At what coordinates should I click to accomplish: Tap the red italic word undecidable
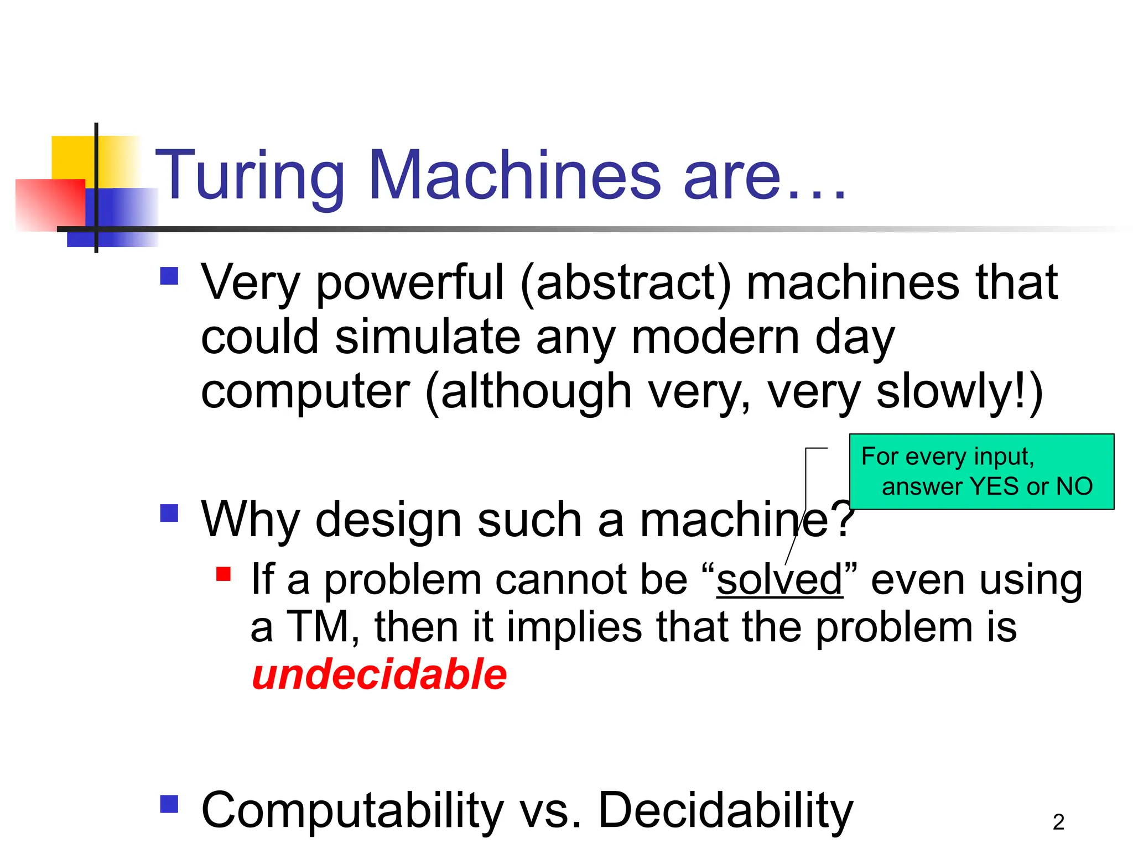379,675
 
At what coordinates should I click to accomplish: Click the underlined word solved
779,580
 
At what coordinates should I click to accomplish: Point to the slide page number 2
1058,822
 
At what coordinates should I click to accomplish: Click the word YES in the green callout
995,487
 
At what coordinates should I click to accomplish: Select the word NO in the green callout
1074,487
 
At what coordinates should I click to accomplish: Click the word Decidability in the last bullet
725,811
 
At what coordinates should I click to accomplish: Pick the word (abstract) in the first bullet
626,283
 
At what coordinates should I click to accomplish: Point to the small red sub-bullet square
224,574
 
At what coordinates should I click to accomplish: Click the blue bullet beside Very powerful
169,276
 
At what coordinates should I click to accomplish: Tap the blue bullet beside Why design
169,513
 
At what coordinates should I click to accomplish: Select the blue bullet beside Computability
169,804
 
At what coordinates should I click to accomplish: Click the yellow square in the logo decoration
72,158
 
